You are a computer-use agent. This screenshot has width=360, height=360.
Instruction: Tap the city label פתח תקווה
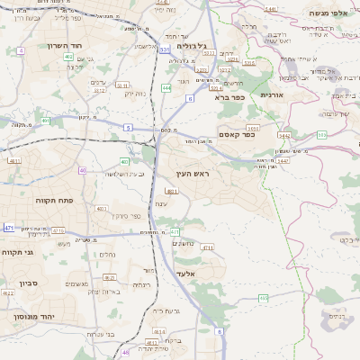coord(53,200)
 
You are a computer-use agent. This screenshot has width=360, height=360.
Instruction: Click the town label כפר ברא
coord(229,97)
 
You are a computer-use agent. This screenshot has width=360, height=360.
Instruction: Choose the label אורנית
coord(272,94)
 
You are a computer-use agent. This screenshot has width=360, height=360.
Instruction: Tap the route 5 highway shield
coord(129,129)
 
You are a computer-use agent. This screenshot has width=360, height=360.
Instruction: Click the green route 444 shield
coord(167,88)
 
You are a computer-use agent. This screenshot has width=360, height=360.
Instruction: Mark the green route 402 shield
coord(68,57)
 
